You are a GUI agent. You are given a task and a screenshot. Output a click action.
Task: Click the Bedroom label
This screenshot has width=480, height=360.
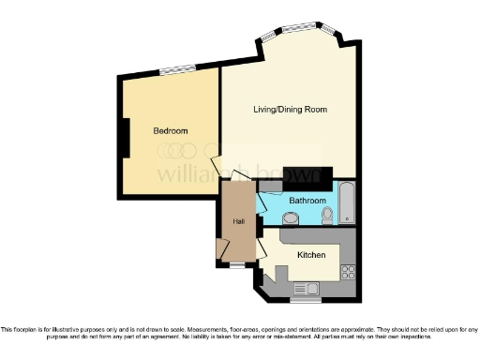pos(171,130)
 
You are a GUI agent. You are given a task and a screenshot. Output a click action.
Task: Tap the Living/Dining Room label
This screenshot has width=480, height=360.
pos(290,110)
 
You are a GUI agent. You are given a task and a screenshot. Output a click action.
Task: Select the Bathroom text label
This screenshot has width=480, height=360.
pos(307,201)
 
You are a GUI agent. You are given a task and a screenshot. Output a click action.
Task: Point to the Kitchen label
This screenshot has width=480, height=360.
pos(311,255)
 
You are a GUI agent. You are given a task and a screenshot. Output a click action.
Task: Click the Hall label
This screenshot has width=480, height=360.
pos(238,221)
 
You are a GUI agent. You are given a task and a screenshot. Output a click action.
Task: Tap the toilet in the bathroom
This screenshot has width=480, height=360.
pos(327,217)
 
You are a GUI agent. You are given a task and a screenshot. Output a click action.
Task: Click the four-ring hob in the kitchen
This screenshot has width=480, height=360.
pos(348,273)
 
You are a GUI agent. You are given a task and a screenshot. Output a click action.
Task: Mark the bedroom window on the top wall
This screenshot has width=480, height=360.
pos(177,70)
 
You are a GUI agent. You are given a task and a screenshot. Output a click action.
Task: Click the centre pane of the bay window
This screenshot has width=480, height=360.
pos(298,28)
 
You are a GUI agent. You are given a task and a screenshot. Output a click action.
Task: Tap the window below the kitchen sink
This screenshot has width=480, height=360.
pos(305,301)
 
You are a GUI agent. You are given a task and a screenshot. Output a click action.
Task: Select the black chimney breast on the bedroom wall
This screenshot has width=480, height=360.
pos(123,139)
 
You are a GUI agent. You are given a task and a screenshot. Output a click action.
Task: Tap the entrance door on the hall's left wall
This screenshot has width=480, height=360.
pos(222,247)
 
